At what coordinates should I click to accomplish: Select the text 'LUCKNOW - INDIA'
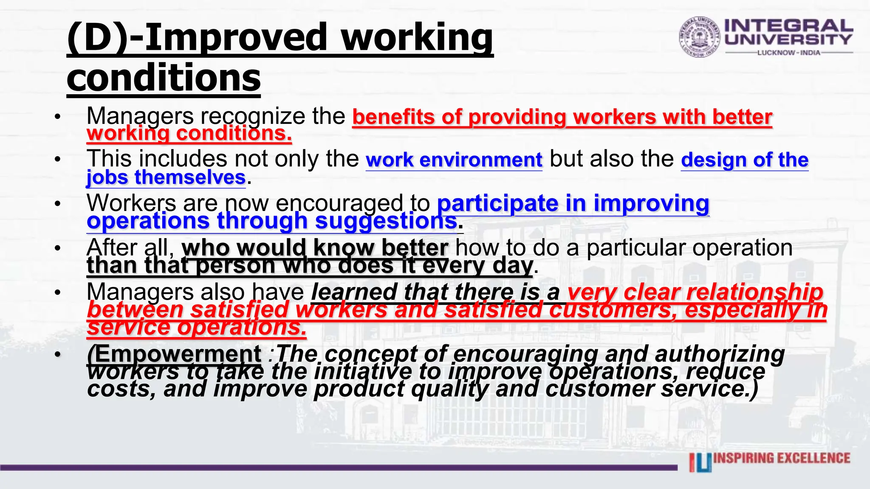[789, 53]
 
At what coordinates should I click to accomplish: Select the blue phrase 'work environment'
[454, 160]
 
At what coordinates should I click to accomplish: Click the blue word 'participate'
[497, 203]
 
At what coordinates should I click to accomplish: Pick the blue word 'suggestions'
[386, 221]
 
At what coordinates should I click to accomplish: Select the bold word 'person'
[236, 266]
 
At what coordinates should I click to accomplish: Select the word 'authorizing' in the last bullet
[720, 354]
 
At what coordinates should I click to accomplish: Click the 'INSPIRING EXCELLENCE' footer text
[782, 458]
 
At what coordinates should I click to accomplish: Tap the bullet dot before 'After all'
[58, 248]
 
